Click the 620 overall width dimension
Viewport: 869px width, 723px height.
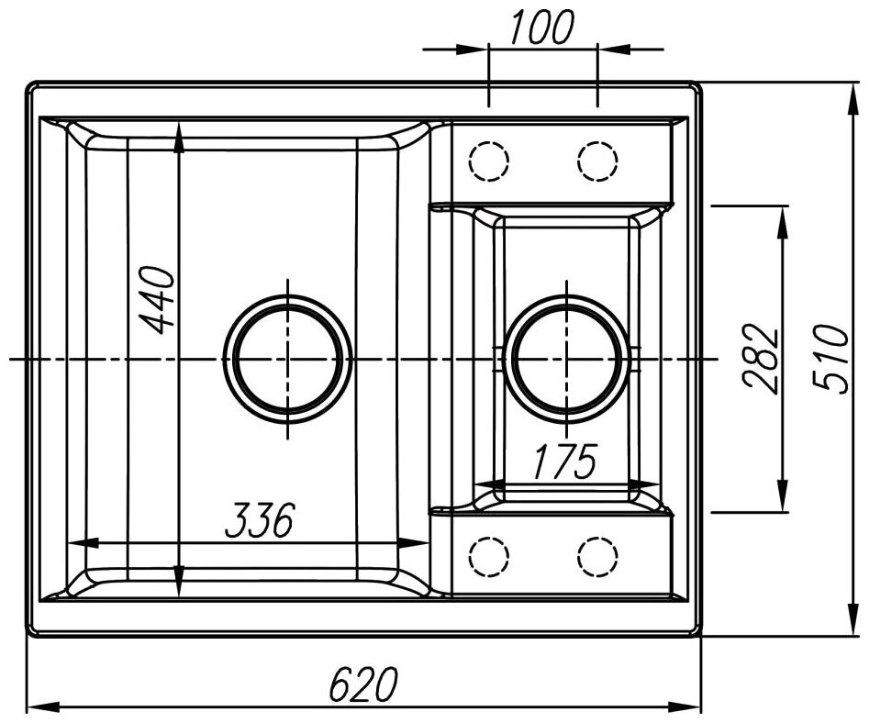point(363,684)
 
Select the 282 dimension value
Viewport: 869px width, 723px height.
point(762,358)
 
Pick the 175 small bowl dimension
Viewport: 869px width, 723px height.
point(563,462)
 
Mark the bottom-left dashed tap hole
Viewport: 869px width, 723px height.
point(488,555)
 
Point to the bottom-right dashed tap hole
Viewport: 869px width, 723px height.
point(597,555)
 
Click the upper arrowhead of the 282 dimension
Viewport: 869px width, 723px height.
point(783,215)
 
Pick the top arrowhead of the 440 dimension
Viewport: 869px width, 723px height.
point(179,129)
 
